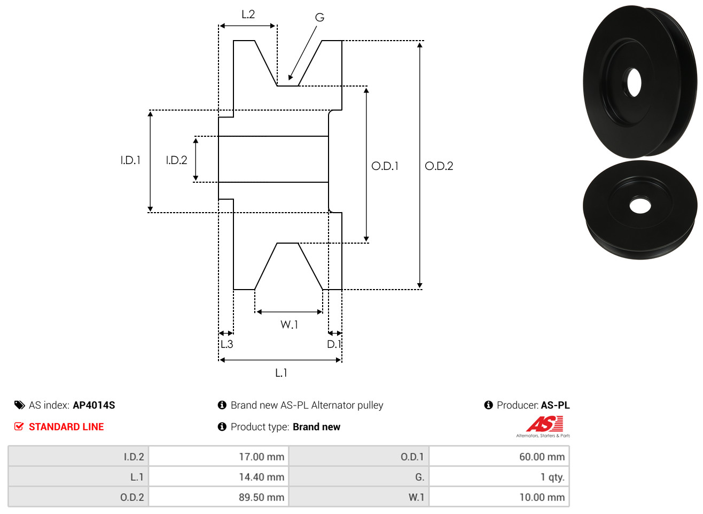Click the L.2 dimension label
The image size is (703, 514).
coord(248,14)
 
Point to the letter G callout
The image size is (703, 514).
coord(319,17)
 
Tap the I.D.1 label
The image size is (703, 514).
coord(130,160)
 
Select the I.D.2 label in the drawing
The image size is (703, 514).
coord(176,160)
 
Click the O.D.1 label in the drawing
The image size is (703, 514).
coord(385,166)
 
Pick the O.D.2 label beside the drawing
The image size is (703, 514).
coord(439,166)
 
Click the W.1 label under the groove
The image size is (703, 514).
coord(289,324)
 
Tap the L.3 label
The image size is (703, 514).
coord(226,344)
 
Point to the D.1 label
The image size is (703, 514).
coord(334,344)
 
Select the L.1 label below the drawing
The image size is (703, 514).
coord(281,373)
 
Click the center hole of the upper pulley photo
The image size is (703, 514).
coord(634,83)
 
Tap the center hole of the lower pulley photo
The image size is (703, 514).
coord(640,206)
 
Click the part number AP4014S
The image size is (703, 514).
coord(94,405)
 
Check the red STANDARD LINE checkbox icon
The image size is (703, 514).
coord(19,426)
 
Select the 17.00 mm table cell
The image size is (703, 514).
coord(218,456)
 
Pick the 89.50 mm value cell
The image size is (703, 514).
coord(218,497)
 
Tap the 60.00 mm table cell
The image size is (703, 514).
coord(499,456)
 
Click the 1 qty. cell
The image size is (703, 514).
coord(499,477)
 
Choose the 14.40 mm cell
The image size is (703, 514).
coord(218,477)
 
